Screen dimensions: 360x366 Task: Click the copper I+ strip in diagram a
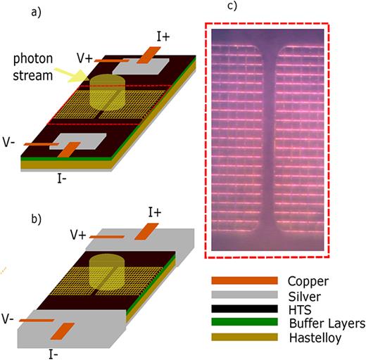pos(149,53)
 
